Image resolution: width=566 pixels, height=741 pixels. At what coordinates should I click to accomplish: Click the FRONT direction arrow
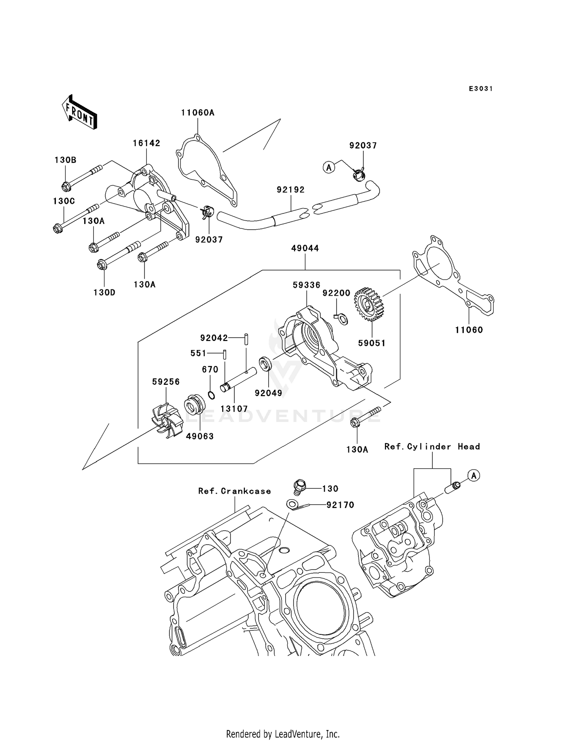click(x=80, y=112)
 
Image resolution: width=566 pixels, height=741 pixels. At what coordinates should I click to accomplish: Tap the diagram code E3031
click(x=481, y=89)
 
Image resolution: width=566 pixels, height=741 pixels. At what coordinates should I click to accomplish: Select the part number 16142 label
click(x=146, y=143)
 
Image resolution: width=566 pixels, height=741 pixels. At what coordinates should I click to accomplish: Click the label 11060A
click(x=198, y=113)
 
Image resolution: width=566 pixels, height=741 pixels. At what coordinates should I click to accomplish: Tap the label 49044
click(x=305, y=248)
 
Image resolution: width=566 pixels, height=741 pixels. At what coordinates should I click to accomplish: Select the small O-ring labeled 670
click(x=212, y=395)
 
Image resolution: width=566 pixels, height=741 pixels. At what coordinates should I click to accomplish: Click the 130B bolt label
click(x=65, y=160)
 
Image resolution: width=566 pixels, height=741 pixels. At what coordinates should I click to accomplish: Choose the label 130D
click(x=105, y=292)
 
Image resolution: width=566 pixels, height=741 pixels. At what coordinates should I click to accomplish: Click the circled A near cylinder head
click(x=474, y=475)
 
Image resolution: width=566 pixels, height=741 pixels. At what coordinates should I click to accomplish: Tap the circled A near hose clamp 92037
click(x=329, y=167)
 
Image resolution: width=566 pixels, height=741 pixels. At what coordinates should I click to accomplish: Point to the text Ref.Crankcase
click(x=235, y=491)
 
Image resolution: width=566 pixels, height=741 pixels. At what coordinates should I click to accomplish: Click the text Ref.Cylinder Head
click(x=432, y=446)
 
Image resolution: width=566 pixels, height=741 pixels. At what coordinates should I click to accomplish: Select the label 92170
click(x=340, y=505)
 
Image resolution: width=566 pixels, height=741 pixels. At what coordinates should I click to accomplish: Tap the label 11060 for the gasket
click(x=469, y=330)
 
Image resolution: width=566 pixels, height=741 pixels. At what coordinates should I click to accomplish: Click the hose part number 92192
click(x=291, y=190)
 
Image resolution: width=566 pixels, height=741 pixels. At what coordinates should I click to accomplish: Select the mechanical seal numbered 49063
click(x=194, y=405)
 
